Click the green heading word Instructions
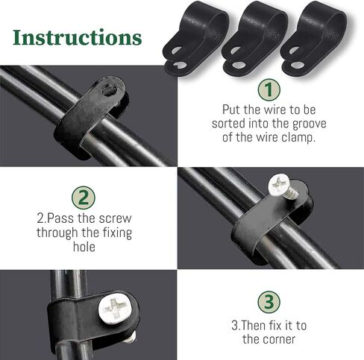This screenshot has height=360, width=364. click(x=78, y=38)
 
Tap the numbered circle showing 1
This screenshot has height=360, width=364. click(x=269, y=90)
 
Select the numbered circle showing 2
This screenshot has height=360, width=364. click(x=84, y=198)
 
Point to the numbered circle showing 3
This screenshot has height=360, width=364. click(x=269, y=303)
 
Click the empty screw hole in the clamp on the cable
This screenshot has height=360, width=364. click(x=110, y=90)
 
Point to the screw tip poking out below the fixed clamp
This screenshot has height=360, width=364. click(x=131, y=337)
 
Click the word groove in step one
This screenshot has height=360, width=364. click(x=309, y=124)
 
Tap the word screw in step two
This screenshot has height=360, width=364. click(x=115, y=218)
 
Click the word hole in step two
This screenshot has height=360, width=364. click(x=84, y=247)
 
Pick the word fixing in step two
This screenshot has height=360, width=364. click(x=117, y=233)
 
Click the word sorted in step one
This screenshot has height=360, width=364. click(x=228, y=124)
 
